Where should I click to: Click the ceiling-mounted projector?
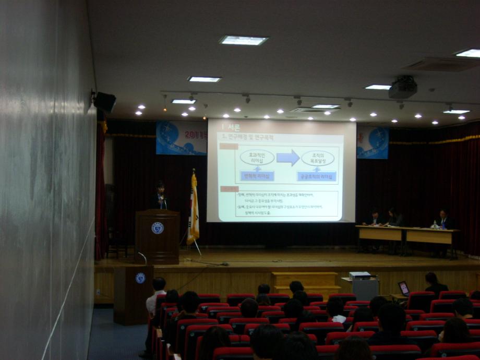tap(403, 88)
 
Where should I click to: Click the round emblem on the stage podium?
tap(158, 228)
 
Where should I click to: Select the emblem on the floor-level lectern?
tap(140, 278)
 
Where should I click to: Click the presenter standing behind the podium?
tap(160, 196)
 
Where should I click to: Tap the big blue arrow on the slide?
tap(288, 158)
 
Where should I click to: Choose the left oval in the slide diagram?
tap(257, 158)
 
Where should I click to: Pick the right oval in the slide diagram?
tap(317, 158)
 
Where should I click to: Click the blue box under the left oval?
tap(257, 176)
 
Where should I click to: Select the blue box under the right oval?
tap(317, 176)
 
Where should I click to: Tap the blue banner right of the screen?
tap(373, 142)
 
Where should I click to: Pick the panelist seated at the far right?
tap(444, 220)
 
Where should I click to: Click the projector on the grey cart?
tap(359, 275)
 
